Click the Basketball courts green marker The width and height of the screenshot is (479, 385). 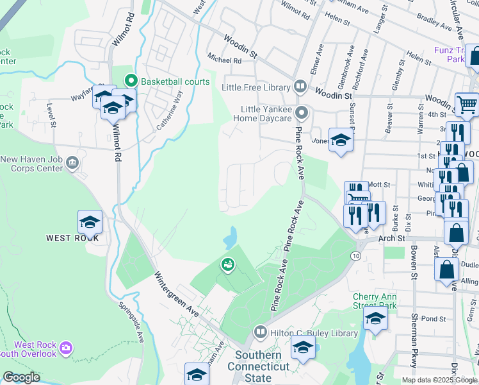pos(132,81)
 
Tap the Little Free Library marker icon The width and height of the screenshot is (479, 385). pos(300,86)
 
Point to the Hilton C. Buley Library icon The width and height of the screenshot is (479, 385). pos(260,332)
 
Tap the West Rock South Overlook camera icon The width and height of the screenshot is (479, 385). pos(65,348)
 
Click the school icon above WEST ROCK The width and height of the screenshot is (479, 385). pos(90,222)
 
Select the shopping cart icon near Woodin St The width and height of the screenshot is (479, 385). pos(467,104)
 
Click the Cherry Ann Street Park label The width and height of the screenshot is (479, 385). pos(375,301)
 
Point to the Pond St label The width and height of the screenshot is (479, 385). pos(434,319)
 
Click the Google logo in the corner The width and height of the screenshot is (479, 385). pos(21,378)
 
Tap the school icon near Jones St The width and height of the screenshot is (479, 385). pos(341,141)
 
